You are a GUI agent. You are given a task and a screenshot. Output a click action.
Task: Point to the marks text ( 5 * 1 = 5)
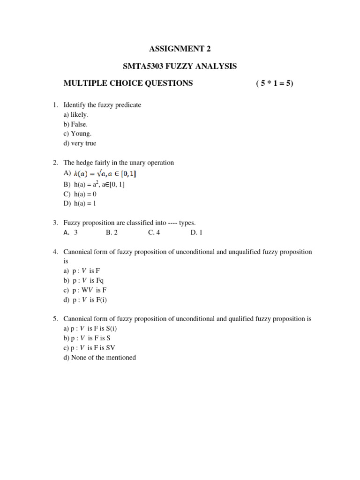pyautogui.click(x=275, y=83)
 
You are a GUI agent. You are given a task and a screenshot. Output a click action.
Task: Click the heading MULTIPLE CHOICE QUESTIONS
pyautogui.click(x=128, y=83)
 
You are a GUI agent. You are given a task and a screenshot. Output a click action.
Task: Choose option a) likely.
pyautogui.click(x=76, y=114)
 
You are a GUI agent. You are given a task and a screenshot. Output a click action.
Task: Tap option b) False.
pyautogui.click(x=76, y=124)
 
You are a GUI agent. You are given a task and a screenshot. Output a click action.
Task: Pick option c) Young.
pyautogui.click(x=77, y=134)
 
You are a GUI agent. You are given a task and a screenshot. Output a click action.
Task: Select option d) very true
pyautogui.click(x=80, y=143)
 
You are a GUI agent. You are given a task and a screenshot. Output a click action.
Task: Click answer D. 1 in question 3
pyautogui.click(x=196, y=232)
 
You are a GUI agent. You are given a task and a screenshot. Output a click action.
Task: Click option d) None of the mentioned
pyautogui.click(x=99, y=358)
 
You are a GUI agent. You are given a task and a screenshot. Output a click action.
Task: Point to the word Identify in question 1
pyautogui.click(x=75, y=105)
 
